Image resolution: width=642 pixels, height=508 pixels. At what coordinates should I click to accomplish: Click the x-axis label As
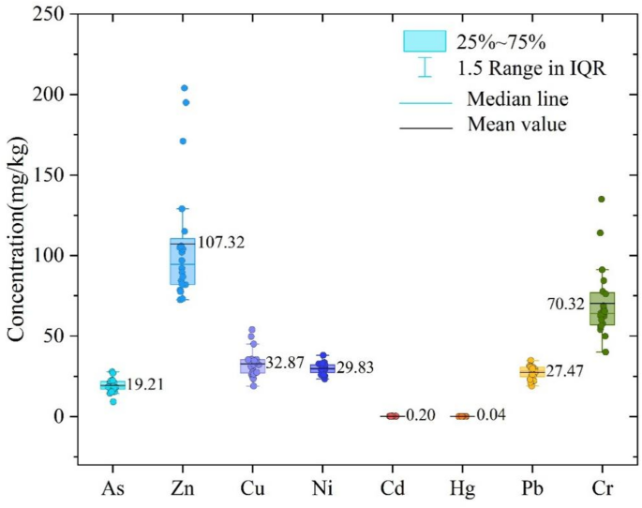click(x=112, y=488)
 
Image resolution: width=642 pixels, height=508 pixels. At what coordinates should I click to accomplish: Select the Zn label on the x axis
click(x=183, y=488)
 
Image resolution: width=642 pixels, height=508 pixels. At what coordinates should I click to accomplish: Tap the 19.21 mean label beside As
click(x=146, y=384)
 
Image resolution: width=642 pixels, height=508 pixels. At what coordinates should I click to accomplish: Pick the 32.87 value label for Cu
click(x=289, y=364)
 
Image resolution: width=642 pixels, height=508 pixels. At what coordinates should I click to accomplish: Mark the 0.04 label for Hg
click(x=490, y=415)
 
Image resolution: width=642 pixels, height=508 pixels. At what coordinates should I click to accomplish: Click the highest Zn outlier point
click(x=184, y=88)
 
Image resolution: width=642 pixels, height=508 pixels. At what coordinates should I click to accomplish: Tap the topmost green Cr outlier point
click(x=601, y=199)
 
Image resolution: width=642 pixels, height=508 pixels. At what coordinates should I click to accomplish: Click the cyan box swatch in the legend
click(x=424, y=41)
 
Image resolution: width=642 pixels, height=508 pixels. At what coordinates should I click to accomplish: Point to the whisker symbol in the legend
click(x=425, y=67)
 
